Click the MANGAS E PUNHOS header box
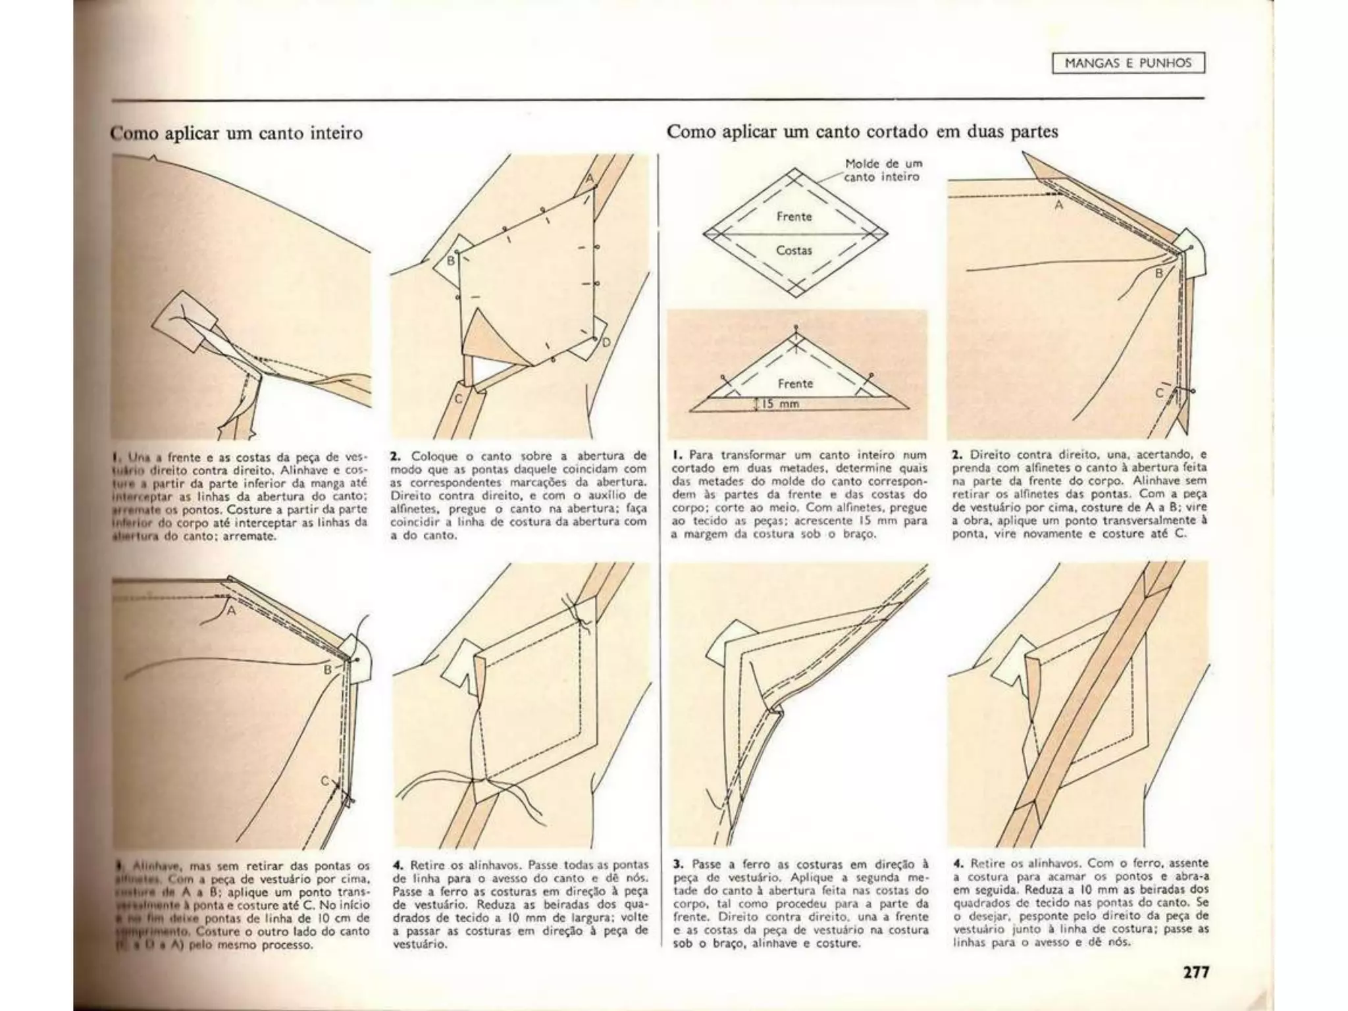1128,63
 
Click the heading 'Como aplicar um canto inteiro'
236,134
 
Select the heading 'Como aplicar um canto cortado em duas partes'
862,132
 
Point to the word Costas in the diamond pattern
794,251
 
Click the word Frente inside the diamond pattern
794,217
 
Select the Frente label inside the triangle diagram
795,383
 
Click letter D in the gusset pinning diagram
606,342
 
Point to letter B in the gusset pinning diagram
451,261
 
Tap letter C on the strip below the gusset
459,399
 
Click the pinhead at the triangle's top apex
796,327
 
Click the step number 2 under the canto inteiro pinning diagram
395,455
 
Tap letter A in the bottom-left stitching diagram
231,610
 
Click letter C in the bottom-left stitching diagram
324,781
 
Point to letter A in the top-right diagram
1058,205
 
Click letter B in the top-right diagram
1159,272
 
